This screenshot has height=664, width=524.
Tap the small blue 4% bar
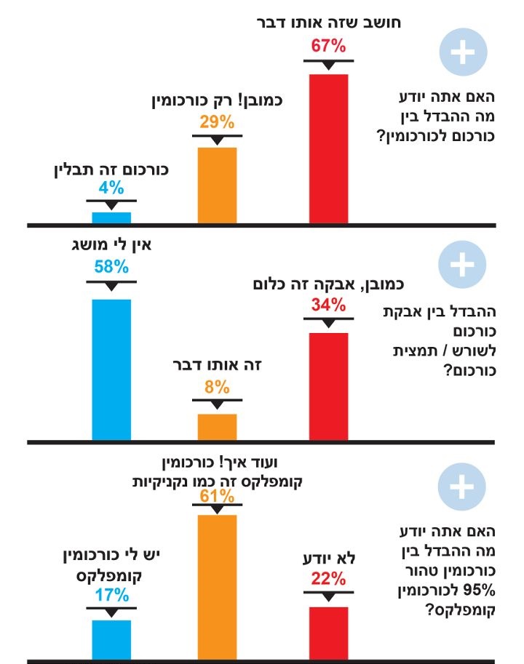[x=111, y=217]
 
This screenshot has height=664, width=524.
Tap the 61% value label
[x=217, y=497]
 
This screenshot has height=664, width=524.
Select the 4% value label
[x=111, y=188]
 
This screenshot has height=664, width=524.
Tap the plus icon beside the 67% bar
[x=461, y=53]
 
